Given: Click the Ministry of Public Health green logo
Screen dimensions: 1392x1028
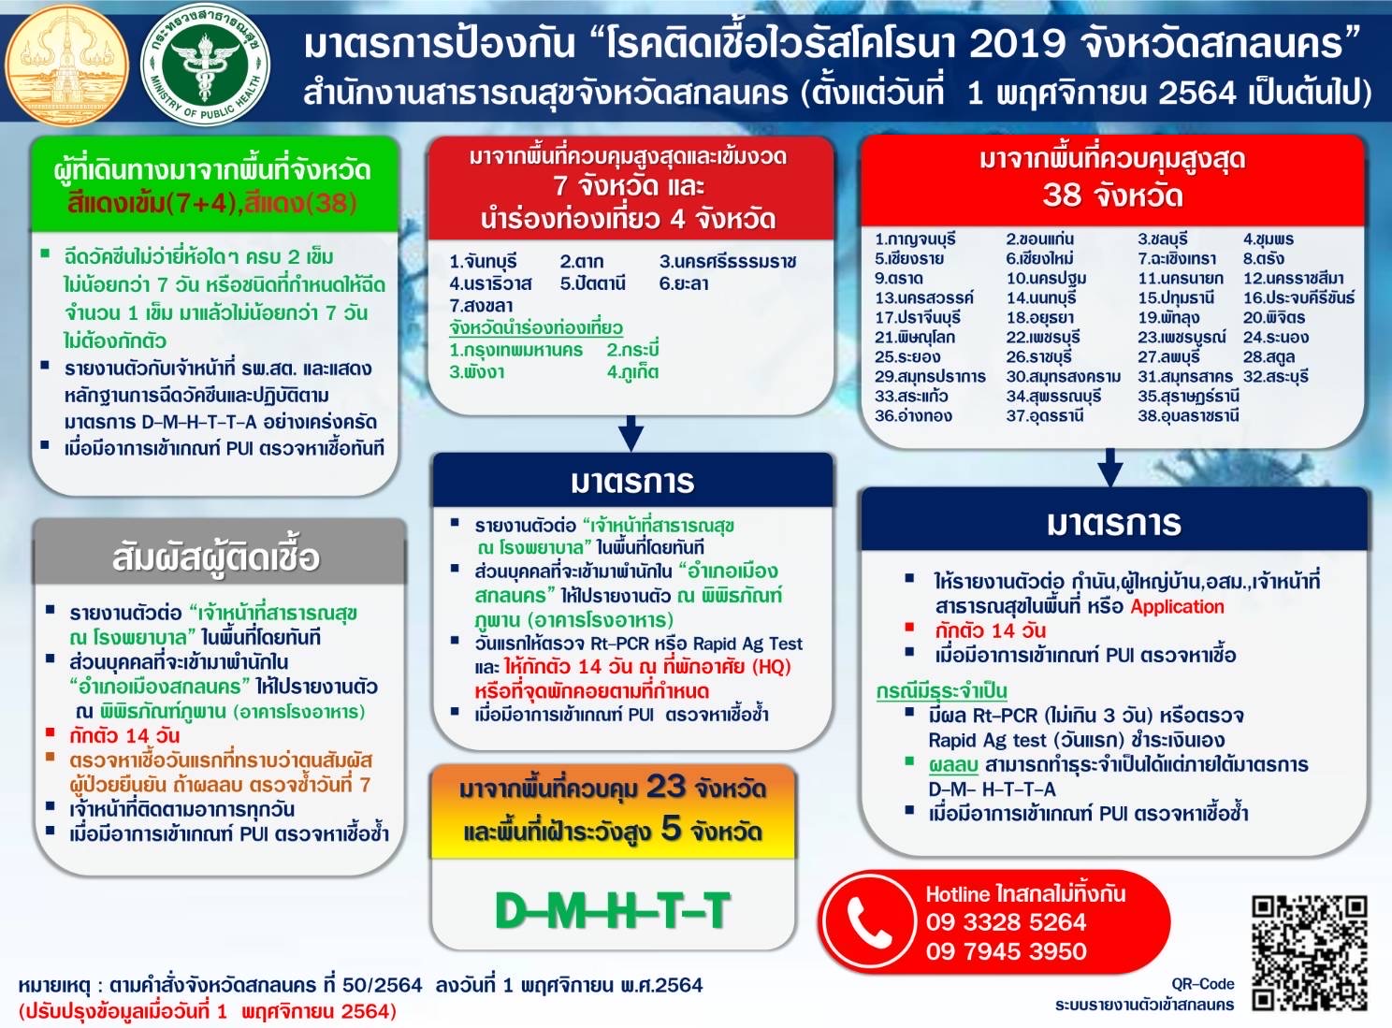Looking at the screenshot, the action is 205,65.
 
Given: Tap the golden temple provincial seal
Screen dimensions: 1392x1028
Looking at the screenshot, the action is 66,65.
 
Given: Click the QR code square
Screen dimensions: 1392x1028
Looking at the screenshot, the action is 1310,953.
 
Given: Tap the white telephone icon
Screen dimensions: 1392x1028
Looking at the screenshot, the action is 870,920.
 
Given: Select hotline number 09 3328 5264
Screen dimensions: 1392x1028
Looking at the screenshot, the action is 1006,922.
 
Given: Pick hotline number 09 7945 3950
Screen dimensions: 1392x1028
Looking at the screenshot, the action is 1006,950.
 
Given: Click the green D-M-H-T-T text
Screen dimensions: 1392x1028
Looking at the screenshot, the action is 613,911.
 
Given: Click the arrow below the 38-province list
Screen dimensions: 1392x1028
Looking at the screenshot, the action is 1110,468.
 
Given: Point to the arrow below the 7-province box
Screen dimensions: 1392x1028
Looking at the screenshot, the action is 631,433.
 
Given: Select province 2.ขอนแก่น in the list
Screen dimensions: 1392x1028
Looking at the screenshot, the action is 1040,239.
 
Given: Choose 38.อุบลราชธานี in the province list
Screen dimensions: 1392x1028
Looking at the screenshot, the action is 1188,416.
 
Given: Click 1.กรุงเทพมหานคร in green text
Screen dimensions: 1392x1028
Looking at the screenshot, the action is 515,350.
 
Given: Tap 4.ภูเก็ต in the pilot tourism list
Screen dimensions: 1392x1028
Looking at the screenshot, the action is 632,372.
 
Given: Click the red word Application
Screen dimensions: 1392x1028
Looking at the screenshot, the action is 1178,607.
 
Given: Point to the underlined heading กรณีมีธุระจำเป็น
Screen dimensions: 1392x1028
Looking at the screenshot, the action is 941,691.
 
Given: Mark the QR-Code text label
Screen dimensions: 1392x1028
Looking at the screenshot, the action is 1202,983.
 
